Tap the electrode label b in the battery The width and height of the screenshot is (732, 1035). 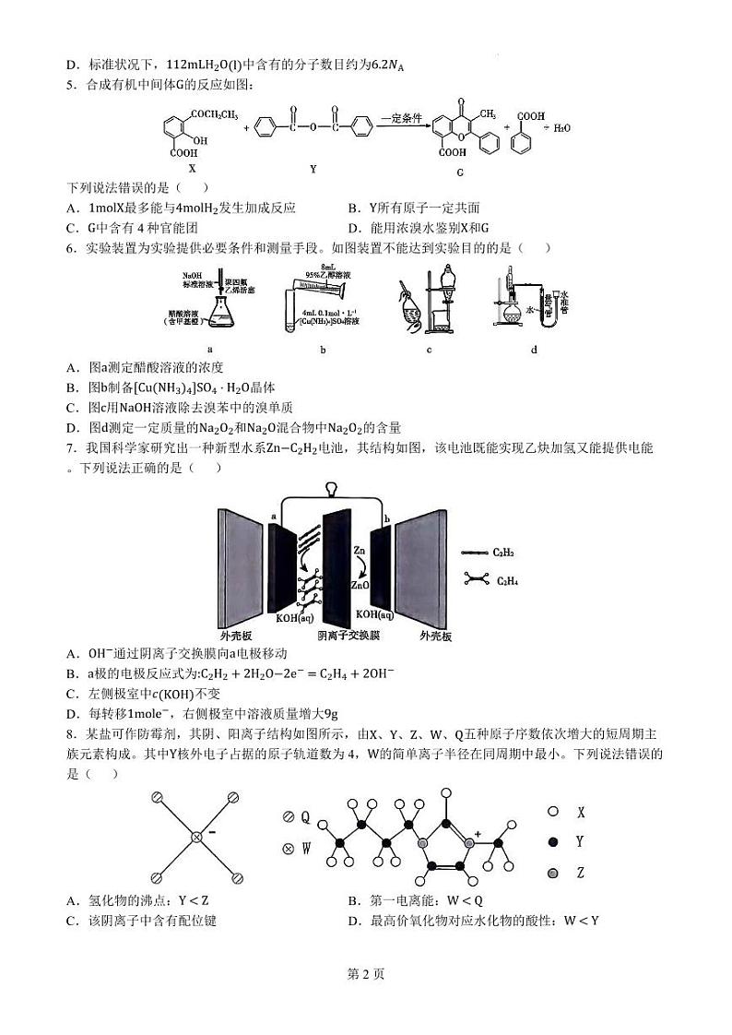[x=387, y=519]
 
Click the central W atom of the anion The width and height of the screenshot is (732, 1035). [x=196, y=837]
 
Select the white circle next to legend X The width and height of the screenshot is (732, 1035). [x=553, y=813]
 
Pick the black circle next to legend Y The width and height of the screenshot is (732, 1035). [x=553, y=842]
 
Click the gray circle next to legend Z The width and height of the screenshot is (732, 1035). [x=553, y=873]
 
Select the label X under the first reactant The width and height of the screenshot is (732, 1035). [x=192, y=169]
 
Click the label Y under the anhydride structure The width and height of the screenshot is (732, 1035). [x=313, y=169]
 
